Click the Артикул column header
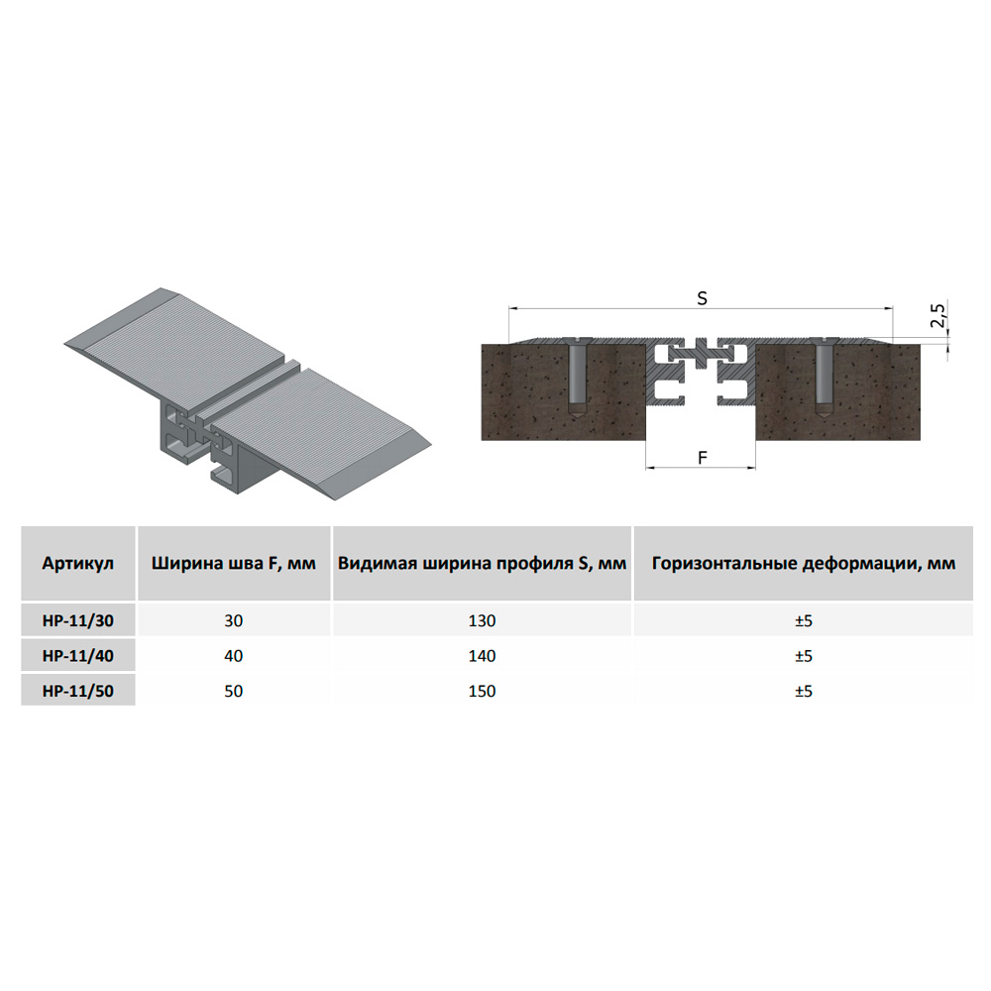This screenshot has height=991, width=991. [x=77, y=563]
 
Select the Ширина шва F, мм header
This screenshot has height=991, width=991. [x=233, y=563]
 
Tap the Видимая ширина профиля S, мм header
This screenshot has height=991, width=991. [x=482, y=563]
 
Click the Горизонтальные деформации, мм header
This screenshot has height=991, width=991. [x=804, y=563]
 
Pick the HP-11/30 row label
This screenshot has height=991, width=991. [x=77, y=620]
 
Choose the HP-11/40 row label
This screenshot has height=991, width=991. [x=77, y=656]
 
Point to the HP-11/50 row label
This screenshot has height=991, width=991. [x=77, y=691]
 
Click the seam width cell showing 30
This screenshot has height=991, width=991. [x=233, y=620]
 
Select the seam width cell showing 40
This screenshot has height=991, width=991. [x=233, y=656]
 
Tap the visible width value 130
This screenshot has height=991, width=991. [x=482, y=620]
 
